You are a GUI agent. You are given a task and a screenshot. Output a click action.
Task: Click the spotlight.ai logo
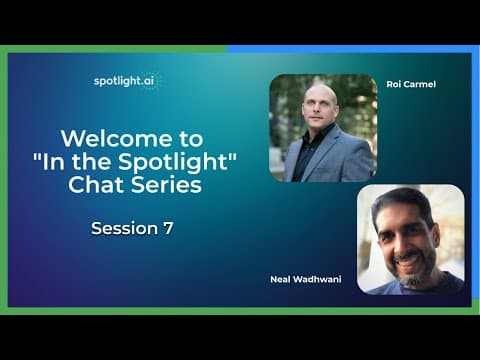pyautogui.click(x=127, y=81)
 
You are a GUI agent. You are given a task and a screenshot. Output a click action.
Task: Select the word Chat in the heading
pyautogui.click(x=97, y=184)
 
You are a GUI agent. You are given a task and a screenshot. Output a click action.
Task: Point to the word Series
pyautogui.click(x=166, y=184)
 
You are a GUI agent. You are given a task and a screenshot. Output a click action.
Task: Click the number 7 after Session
pyautogui.click(x=168, y=228)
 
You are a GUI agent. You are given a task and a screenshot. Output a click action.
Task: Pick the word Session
pyautogui.click(x=124, y=228)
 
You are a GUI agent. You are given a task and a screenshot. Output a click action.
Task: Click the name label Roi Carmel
pyautogui.click(x=411, y=84)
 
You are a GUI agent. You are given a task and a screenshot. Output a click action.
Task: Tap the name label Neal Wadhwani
pyautogui.click(x=306, y=279)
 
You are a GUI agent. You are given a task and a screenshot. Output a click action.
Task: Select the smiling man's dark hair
pyautogui.click(x=402, y=203)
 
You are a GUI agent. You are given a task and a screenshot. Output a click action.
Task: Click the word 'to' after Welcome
pyautogui.click(x=191, y=139)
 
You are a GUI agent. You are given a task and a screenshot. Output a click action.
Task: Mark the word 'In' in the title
pyautogui.click(x=53, y=162)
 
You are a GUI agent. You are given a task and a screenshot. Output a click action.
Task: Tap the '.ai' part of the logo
pyautogui.click(x=148, y=80)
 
